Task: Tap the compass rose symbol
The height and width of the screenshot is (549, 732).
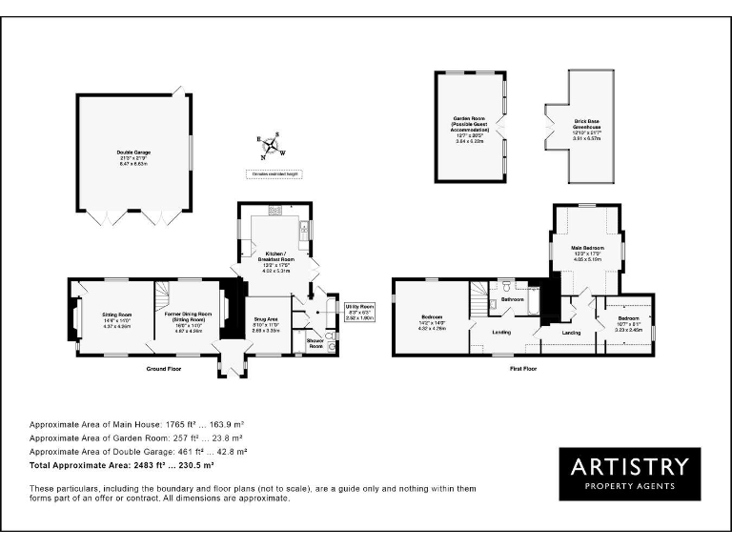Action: click(x=270, y=145)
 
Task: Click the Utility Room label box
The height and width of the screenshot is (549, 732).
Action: click(x=360, y=310)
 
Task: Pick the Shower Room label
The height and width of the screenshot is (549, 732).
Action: click(x=314, y=342)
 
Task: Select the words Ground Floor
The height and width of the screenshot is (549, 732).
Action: click(x=163, y=367)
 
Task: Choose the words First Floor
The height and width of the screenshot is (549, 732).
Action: click(x=523, y=367)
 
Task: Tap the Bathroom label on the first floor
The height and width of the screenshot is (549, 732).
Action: click(x=513, y=300)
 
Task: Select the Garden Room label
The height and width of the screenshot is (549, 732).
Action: click(x=471, y=122)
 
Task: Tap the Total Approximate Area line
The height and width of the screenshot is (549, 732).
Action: click(x=121, y=465)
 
